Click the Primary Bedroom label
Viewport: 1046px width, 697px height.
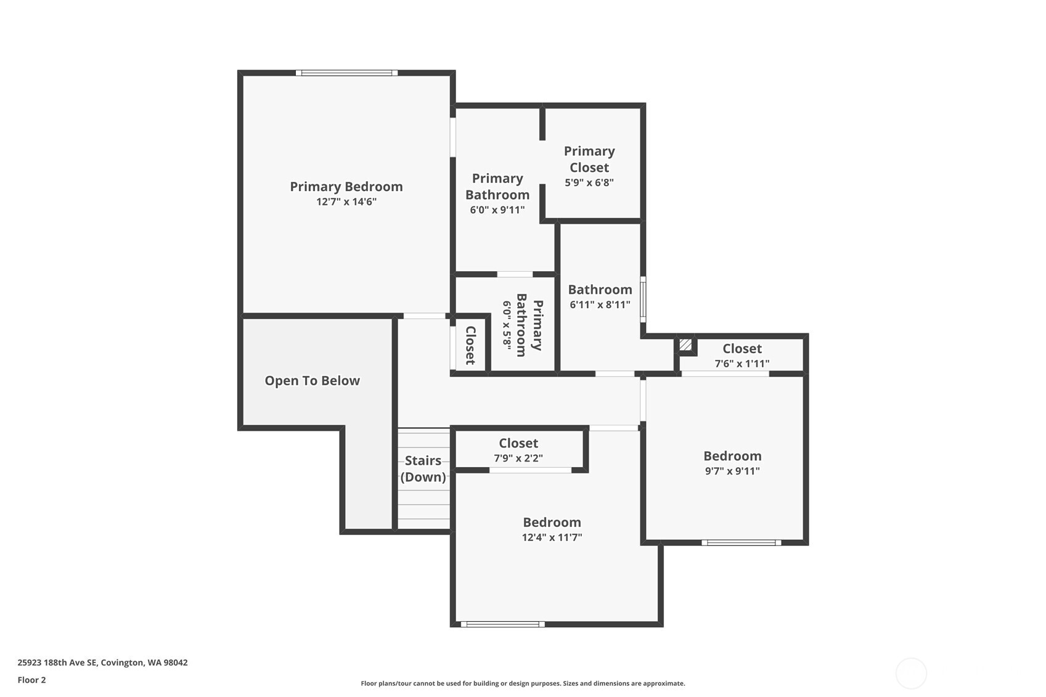pos(346,187)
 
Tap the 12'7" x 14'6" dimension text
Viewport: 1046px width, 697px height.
pos(346,202)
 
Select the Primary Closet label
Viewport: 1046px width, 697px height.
pos(589,159)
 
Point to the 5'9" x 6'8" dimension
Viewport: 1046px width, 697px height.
pos(589,182)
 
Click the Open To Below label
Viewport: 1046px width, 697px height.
pos(313,381)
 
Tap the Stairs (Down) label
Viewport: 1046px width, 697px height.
pos(423,469)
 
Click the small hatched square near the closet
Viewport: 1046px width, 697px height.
pos(685,344)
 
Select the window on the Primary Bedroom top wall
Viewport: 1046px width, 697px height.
pos(346,73)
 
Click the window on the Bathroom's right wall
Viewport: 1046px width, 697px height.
pos(643,300)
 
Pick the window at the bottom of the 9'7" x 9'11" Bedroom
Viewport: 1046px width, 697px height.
pos(741,542)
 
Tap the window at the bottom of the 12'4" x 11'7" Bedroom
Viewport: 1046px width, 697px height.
pos(502,624)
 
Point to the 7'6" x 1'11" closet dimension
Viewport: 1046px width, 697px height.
pos(742,364)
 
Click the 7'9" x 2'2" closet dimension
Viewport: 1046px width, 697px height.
pos(518,459)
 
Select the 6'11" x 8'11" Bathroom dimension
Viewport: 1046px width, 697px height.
pos(600,305)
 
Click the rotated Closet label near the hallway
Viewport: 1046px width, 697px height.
pos(470,346)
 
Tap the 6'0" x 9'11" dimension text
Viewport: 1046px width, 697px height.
pos(497,210)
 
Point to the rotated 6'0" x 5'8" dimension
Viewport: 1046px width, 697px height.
pos(507,324)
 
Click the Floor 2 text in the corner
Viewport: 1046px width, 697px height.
pos(32,680)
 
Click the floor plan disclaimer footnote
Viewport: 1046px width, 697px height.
pos(523,683)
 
